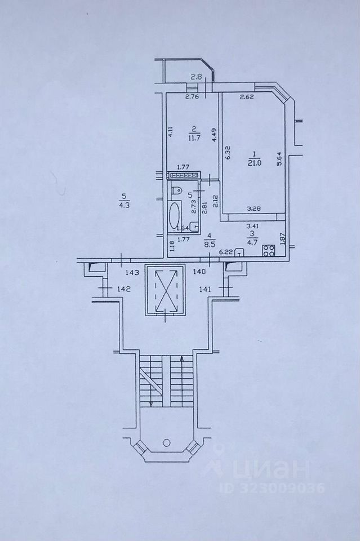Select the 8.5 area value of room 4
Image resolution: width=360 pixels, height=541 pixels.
tap(210, 245)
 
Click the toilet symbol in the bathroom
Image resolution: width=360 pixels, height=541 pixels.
tap(175, 190)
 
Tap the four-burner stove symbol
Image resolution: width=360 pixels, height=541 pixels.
tap(268, 251)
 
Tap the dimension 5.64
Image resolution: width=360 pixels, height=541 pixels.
tap(278, 160)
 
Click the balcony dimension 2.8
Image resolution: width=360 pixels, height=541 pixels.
tap(195, 77)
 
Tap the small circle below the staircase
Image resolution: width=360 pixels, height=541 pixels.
tap(167, 443)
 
